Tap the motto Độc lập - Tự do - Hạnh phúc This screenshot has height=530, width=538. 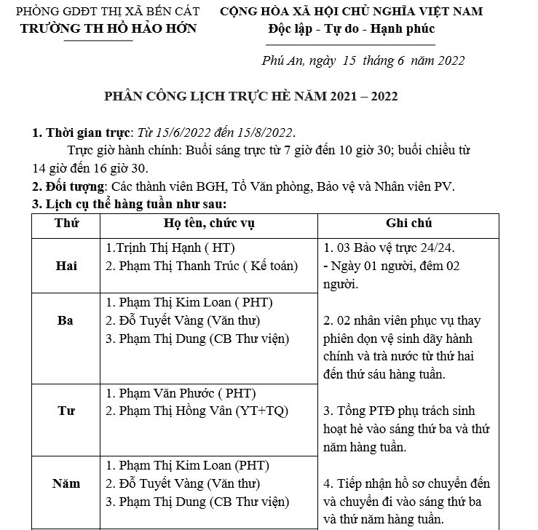(351, 29)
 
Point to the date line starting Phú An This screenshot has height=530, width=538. (363, 60)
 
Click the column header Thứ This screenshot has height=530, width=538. (66, 223)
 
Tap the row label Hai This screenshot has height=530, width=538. (66, 266)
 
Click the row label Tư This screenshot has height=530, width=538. (66, 411)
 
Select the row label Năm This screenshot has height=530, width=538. (66, 483)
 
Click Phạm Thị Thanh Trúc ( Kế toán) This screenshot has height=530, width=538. (202, 266)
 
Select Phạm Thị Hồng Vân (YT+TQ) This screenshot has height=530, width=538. (197, 411)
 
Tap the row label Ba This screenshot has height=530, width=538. (66, 320)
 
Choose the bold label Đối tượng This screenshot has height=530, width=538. (68, 186)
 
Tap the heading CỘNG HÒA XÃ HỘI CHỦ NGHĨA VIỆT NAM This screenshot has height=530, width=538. (351, 12)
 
